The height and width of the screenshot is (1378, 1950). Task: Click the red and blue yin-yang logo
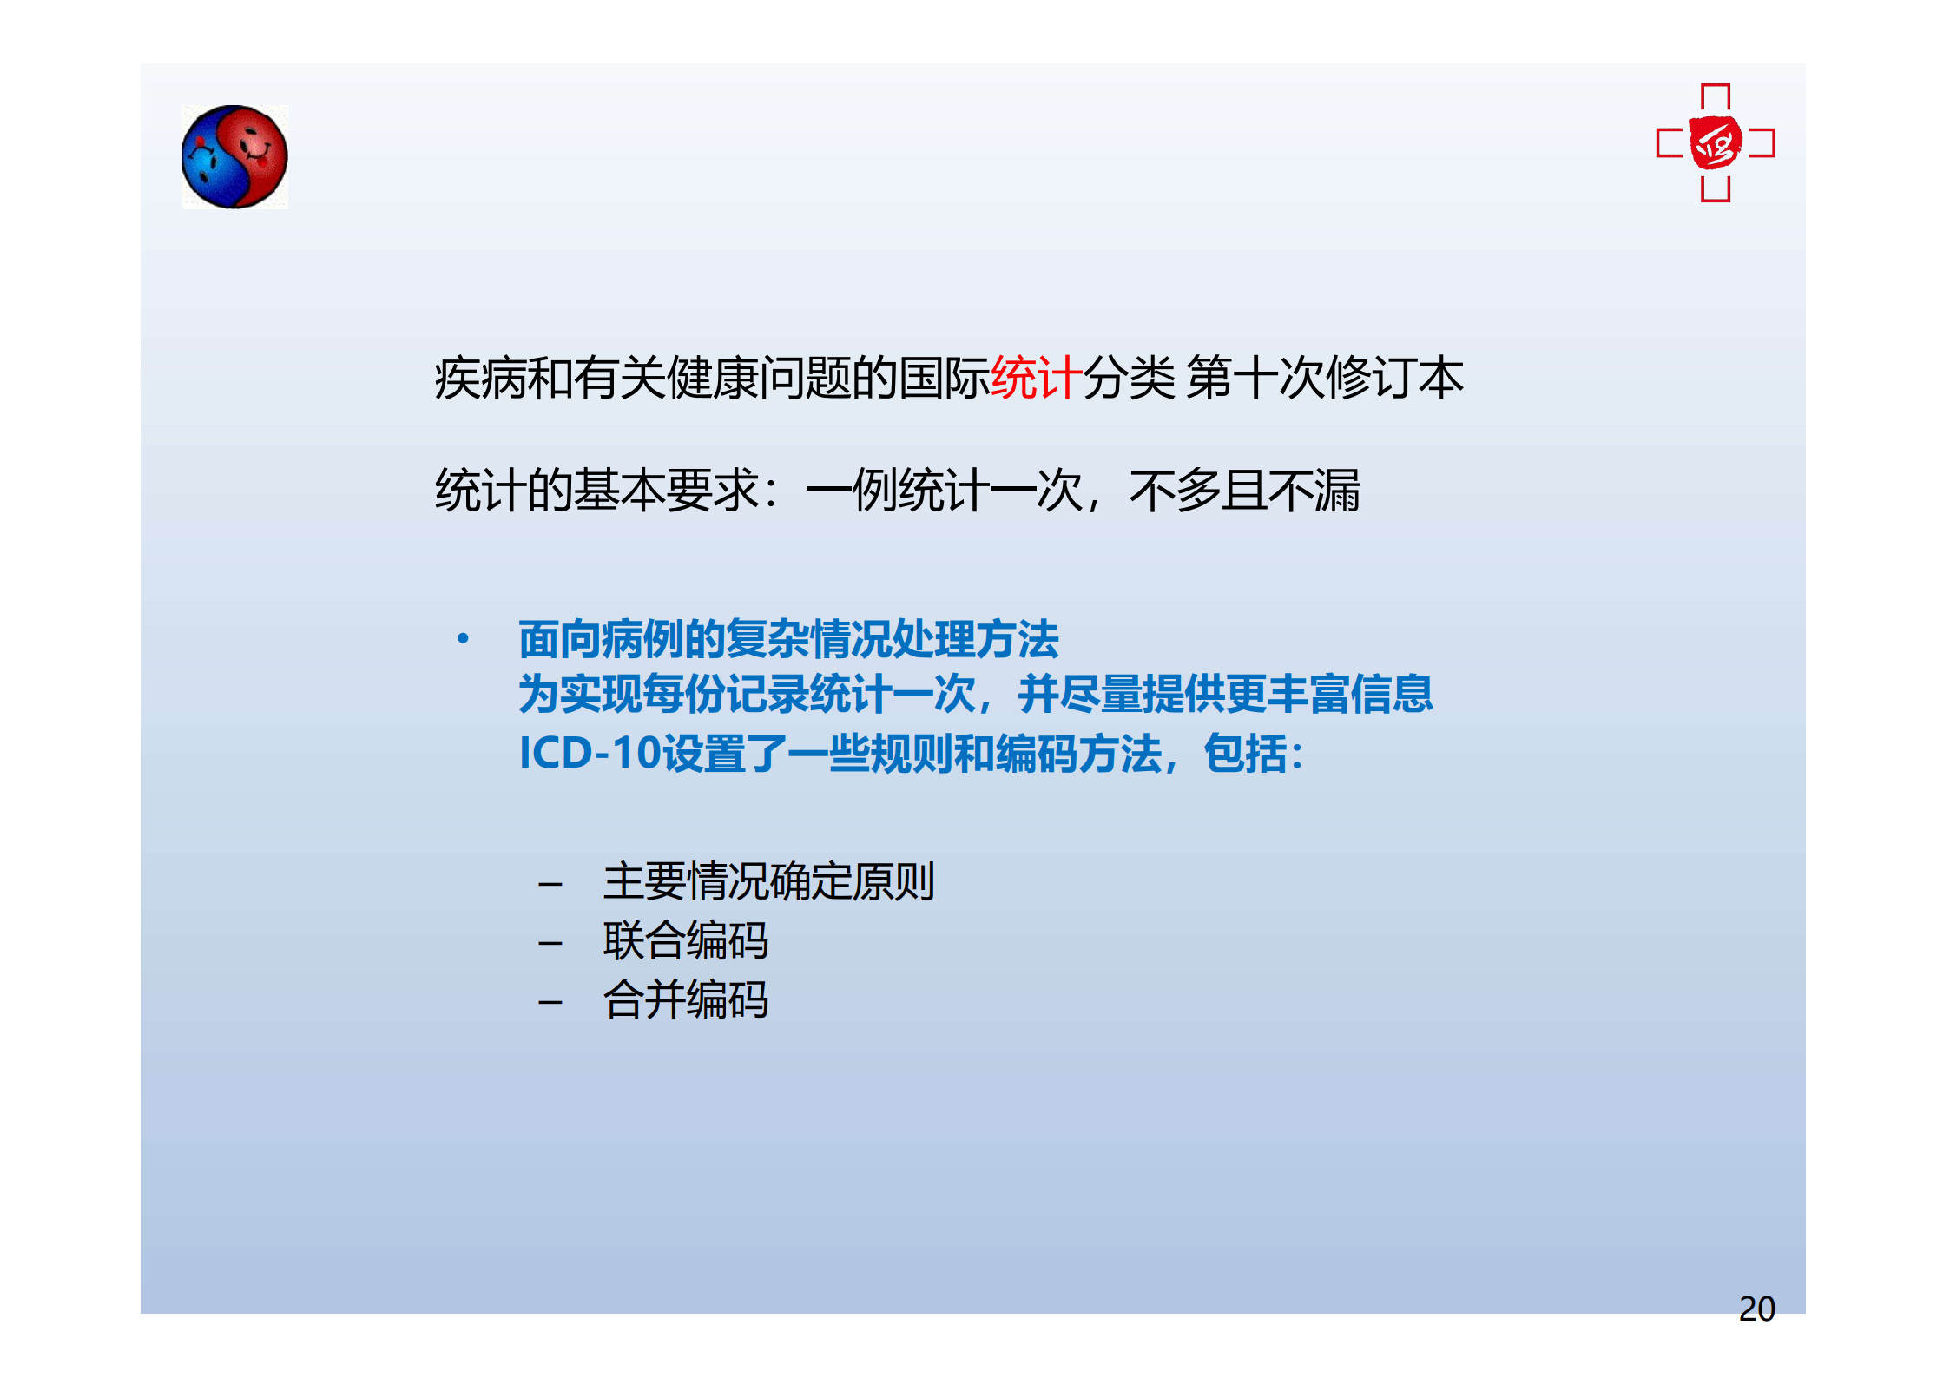tap(234, 157)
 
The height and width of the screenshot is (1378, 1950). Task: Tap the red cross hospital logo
tap(1715, 143)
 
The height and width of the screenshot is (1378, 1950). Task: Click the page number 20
tap(1756, 1309)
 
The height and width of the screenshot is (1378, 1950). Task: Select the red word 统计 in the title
tap(1036, 378)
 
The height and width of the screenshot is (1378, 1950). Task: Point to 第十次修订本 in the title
tap(1325, 378)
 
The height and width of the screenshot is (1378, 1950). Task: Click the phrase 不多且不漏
tap(1244, 491)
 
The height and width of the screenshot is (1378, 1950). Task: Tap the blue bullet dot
tap(463, 639)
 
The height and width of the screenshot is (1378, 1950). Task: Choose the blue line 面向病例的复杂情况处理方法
tap(788, 639)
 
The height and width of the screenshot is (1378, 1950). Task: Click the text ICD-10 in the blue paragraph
tap(590, 753)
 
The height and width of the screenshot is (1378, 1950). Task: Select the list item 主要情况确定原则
tap(768, 881)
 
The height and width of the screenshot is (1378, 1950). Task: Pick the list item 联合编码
tap(686, 940)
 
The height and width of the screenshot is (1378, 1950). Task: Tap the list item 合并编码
tap(686, 999)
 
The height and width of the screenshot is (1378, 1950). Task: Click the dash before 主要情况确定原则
tap(550, 885)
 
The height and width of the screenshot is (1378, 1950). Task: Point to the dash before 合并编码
tap(550, 1003)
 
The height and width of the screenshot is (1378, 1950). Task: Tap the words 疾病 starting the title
tap(480, 378)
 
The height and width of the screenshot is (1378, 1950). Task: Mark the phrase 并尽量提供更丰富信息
tap(1225, 694)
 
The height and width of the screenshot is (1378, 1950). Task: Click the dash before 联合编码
tap(550, 944)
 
